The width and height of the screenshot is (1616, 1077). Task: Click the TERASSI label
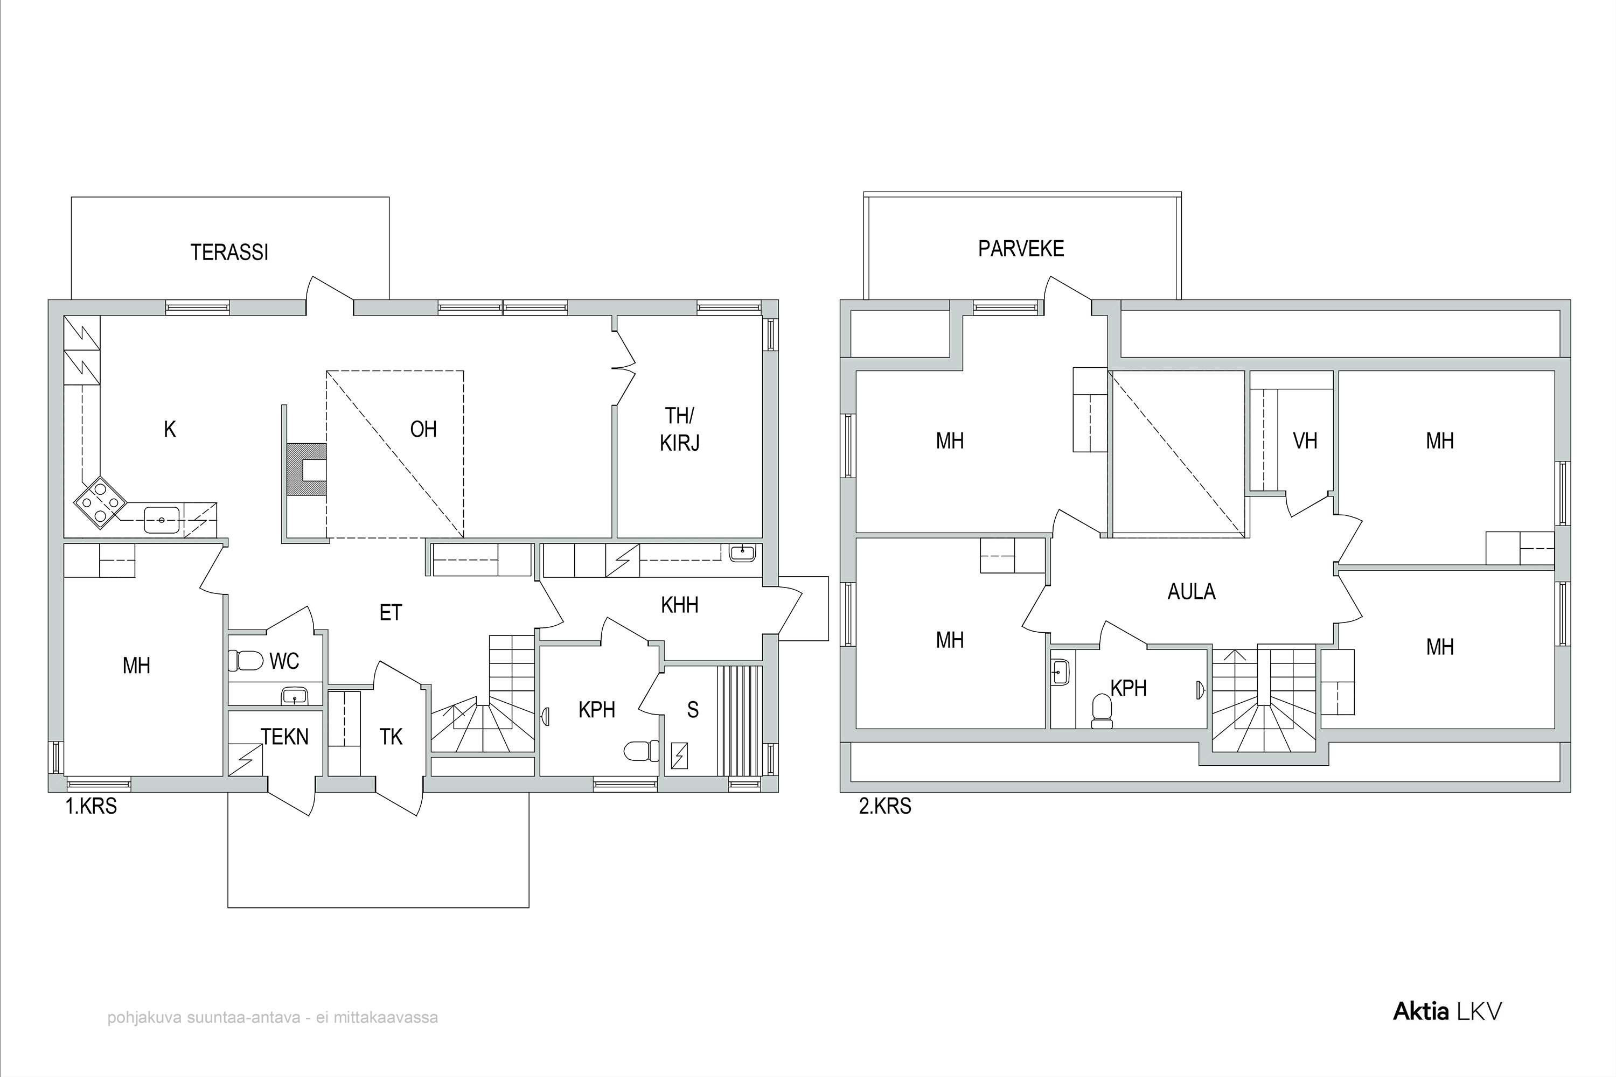[229, 253]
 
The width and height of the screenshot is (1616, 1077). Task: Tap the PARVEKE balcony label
[1021, 249]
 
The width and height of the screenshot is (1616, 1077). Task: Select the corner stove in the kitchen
[100, 503]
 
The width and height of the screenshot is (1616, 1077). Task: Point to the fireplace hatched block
[307, 469]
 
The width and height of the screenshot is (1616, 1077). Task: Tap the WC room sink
[295, 696]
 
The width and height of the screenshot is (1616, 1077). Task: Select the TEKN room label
[284, 737]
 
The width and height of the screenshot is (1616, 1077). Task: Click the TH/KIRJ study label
[679, 429]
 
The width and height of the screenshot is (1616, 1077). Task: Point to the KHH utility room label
[679, 605]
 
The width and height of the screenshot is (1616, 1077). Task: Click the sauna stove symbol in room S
[679, 756]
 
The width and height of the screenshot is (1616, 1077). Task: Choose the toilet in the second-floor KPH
[1102, 711]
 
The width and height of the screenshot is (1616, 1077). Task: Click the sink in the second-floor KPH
[1060, 671]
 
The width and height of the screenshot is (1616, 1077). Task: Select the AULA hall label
[1192, 591]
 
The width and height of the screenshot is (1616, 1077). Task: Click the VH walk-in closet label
[1305, 440]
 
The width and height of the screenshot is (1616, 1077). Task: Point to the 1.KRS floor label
[92, 806]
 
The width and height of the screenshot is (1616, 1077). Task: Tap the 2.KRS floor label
[885, 806]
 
